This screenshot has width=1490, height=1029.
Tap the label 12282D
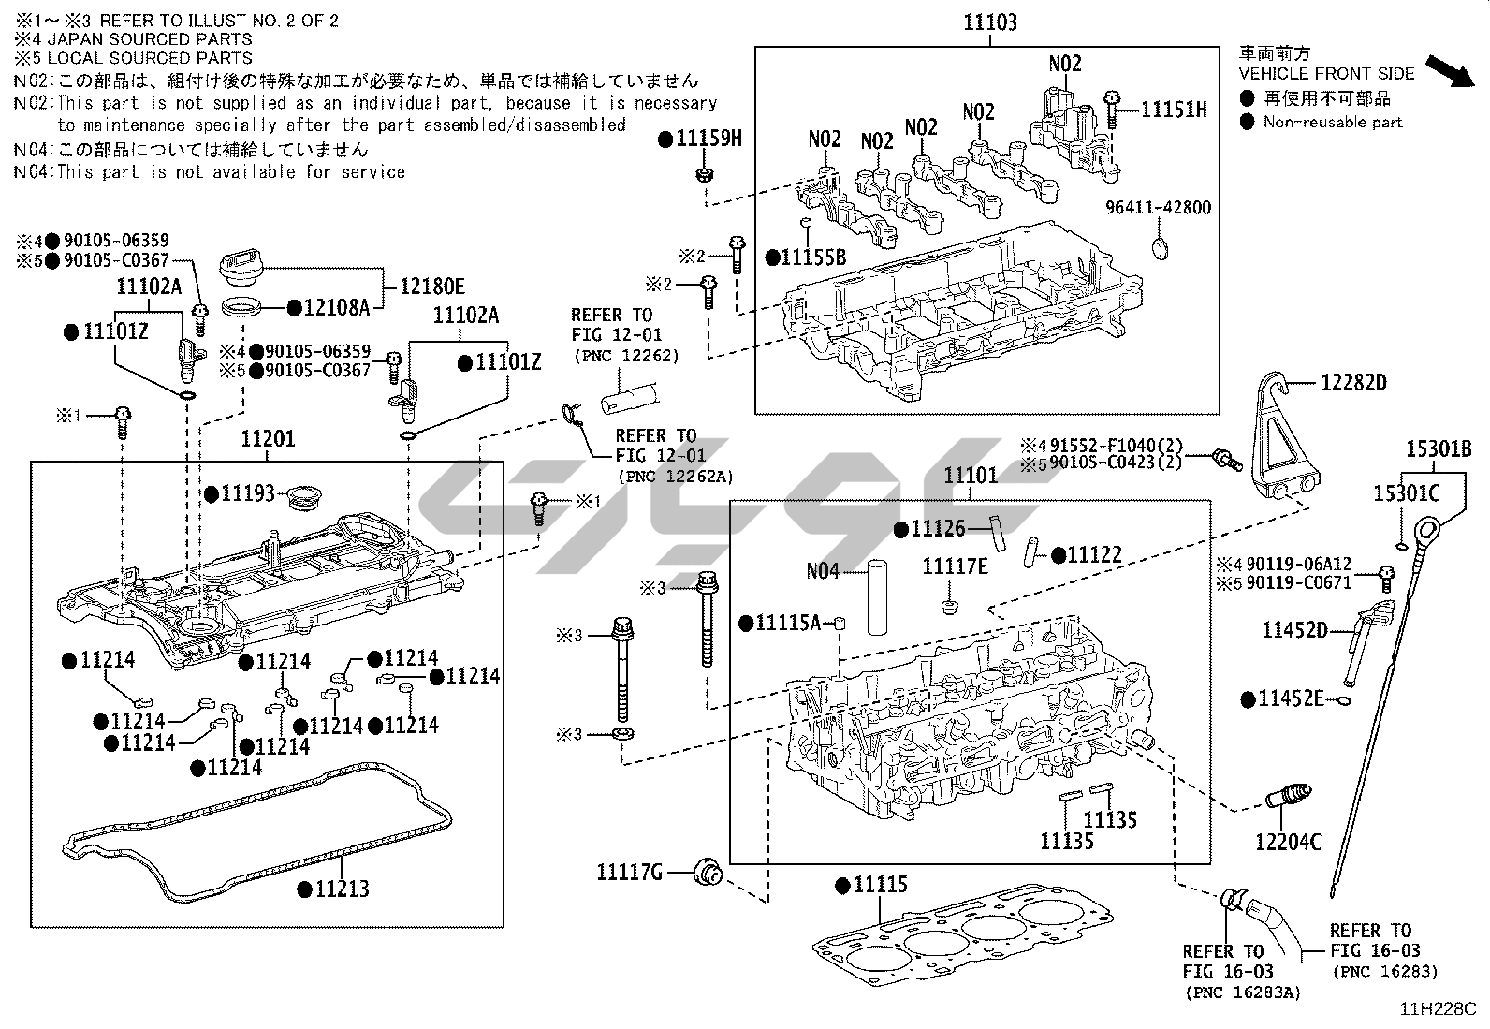1353,382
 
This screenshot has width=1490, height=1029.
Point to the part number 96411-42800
1158,208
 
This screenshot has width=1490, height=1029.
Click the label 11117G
630,873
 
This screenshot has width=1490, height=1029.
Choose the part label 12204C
1288,843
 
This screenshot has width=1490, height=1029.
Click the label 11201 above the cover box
268,438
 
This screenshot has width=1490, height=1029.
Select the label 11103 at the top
990,22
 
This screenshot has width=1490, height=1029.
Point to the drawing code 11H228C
1437,1008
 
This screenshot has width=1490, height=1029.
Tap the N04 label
823,570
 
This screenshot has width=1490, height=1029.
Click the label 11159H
708,140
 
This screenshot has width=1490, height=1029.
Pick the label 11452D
1294,630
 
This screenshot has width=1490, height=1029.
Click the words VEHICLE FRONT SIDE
1326,73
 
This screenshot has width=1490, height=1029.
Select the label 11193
248,492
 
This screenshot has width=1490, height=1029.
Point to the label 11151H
1174,110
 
